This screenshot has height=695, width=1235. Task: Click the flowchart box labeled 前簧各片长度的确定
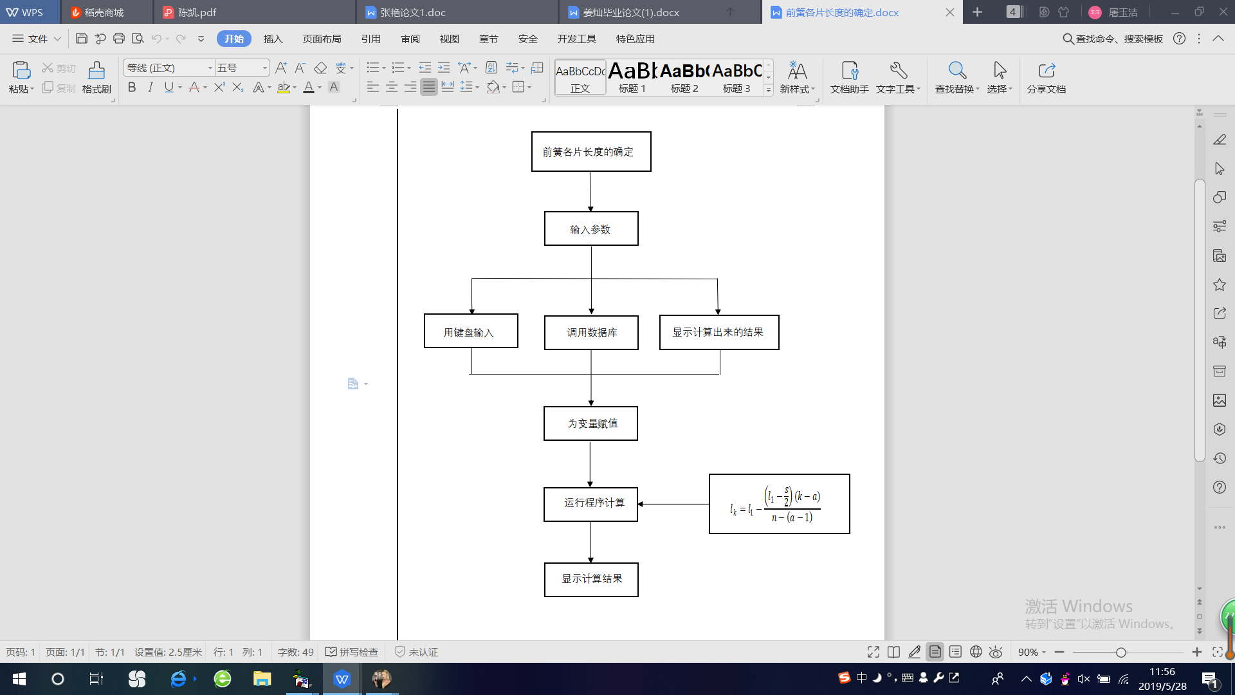click(x=590, y=152)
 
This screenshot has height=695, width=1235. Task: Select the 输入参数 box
click(x=590, y=229)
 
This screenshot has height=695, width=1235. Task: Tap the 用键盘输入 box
click(x=470, y=331)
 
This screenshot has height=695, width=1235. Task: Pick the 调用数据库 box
click(x=590, y=333)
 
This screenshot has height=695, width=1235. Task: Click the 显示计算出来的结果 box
click(x=718, y=332)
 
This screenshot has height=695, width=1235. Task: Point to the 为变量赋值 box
click(x=590, y=423)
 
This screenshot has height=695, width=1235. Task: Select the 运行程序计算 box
click(x=590, y=504)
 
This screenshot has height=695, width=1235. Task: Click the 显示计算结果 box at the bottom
click(x=590, y=579)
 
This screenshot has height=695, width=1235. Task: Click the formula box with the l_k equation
click(x=779, y=504)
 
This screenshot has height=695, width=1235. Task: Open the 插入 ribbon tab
click(x=273, y=39)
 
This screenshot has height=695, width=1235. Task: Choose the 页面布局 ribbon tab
click(x=322, y=39)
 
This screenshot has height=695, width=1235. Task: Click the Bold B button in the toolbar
click(x=132, y=88)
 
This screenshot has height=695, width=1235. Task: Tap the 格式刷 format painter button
click(x=96, y=77)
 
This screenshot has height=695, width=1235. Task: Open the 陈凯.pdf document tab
click(x=197, y=12)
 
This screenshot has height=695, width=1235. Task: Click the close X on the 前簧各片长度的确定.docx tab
click(x=950, y=12)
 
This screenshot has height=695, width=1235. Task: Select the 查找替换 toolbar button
click(x=956, y=77)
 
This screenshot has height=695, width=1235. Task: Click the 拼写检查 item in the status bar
click(x=352, y=652)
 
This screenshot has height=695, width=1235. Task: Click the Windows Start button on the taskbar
click(x=19, y=679)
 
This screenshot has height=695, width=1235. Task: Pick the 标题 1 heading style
click(x=632, y=77)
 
